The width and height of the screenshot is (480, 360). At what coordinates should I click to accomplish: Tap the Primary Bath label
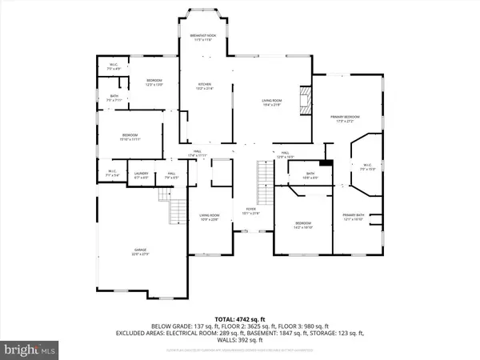pos(354,217)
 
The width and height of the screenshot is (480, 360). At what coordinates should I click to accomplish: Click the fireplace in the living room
pos(302,102)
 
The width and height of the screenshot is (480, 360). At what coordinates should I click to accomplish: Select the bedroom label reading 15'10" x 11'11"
pos(129,137)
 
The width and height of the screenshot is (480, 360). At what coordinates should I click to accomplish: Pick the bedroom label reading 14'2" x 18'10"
pos(303,225)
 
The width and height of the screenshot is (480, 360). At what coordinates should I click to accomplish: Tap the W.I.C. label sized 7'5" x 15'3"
pos(367,169)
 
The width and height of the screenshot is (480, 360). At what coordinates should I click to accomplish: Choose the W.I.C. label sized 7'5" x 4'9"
pos(114,67)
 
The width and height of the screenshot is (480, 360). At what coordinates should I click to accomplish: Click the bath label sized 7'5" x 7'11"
pos(114,98)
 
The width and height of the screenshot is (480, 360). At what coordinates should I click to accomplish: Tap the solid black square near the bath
pos(324,164)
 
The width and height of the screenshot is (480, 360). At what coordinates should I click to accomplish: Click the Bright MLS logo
pos(30,350)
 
